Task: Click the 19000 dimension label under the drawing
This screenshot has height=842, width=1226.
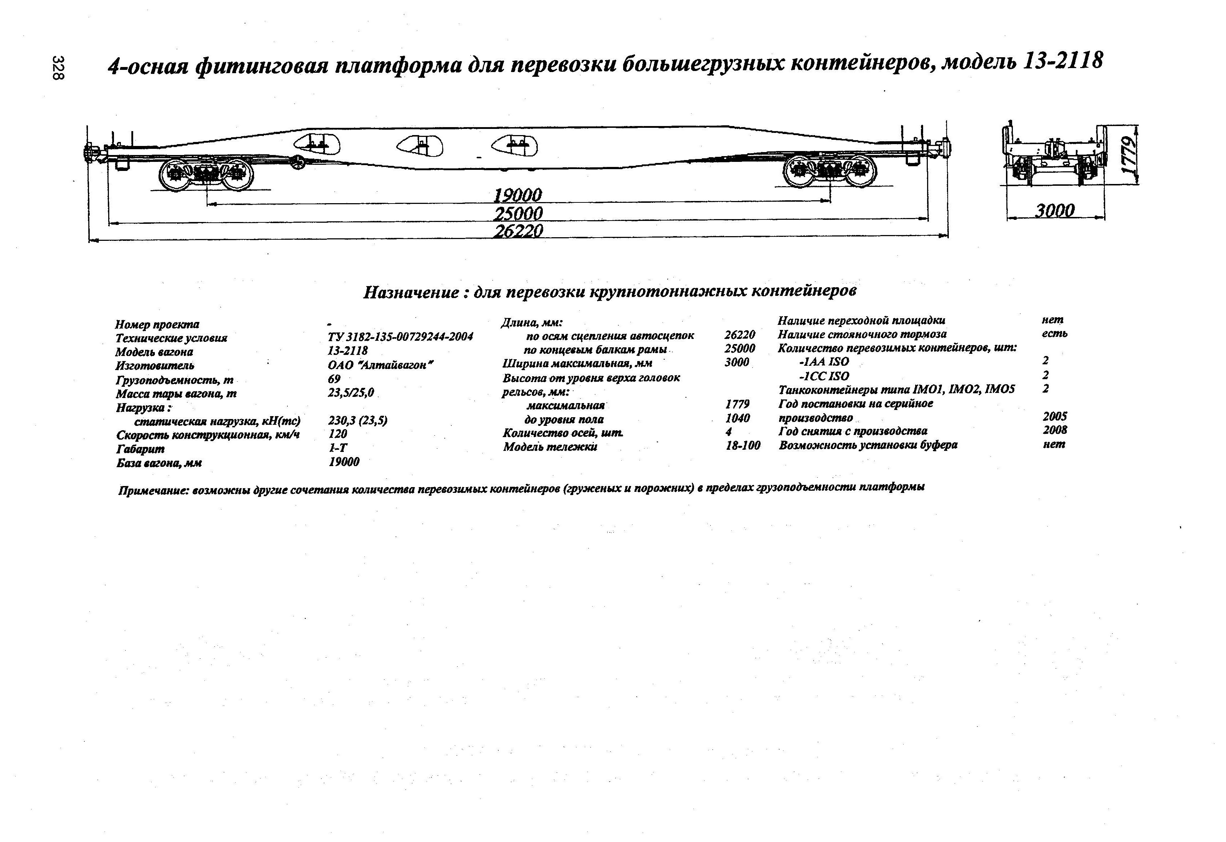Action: (x=517, y=195)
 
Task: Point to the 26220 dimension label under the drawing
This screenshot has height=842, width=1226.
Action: (x=517, y=231)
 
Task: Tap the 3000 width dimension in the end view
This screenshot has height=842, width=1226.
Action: (x=1054, y=211)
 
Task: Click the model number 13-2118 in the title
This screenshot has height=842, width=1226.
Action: (x=1062, y=62)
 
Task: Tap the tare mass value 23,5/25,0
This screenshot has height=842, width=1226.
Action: (x=351, y=393)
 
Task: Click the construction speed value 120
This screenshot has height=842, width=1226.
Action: (x=338, y=434)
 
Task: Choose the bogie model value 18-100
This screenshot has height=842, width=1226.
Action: (x=743, y=445)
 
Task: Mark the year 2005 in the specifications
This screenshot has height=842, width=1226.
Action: (x=1054, y=416)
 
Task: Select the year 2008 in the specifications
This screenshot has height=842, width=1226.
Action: (x=1054, y=430)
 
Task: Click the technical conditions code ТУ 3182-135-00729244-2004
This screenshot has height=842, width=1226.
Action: (x=400, y=337)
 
